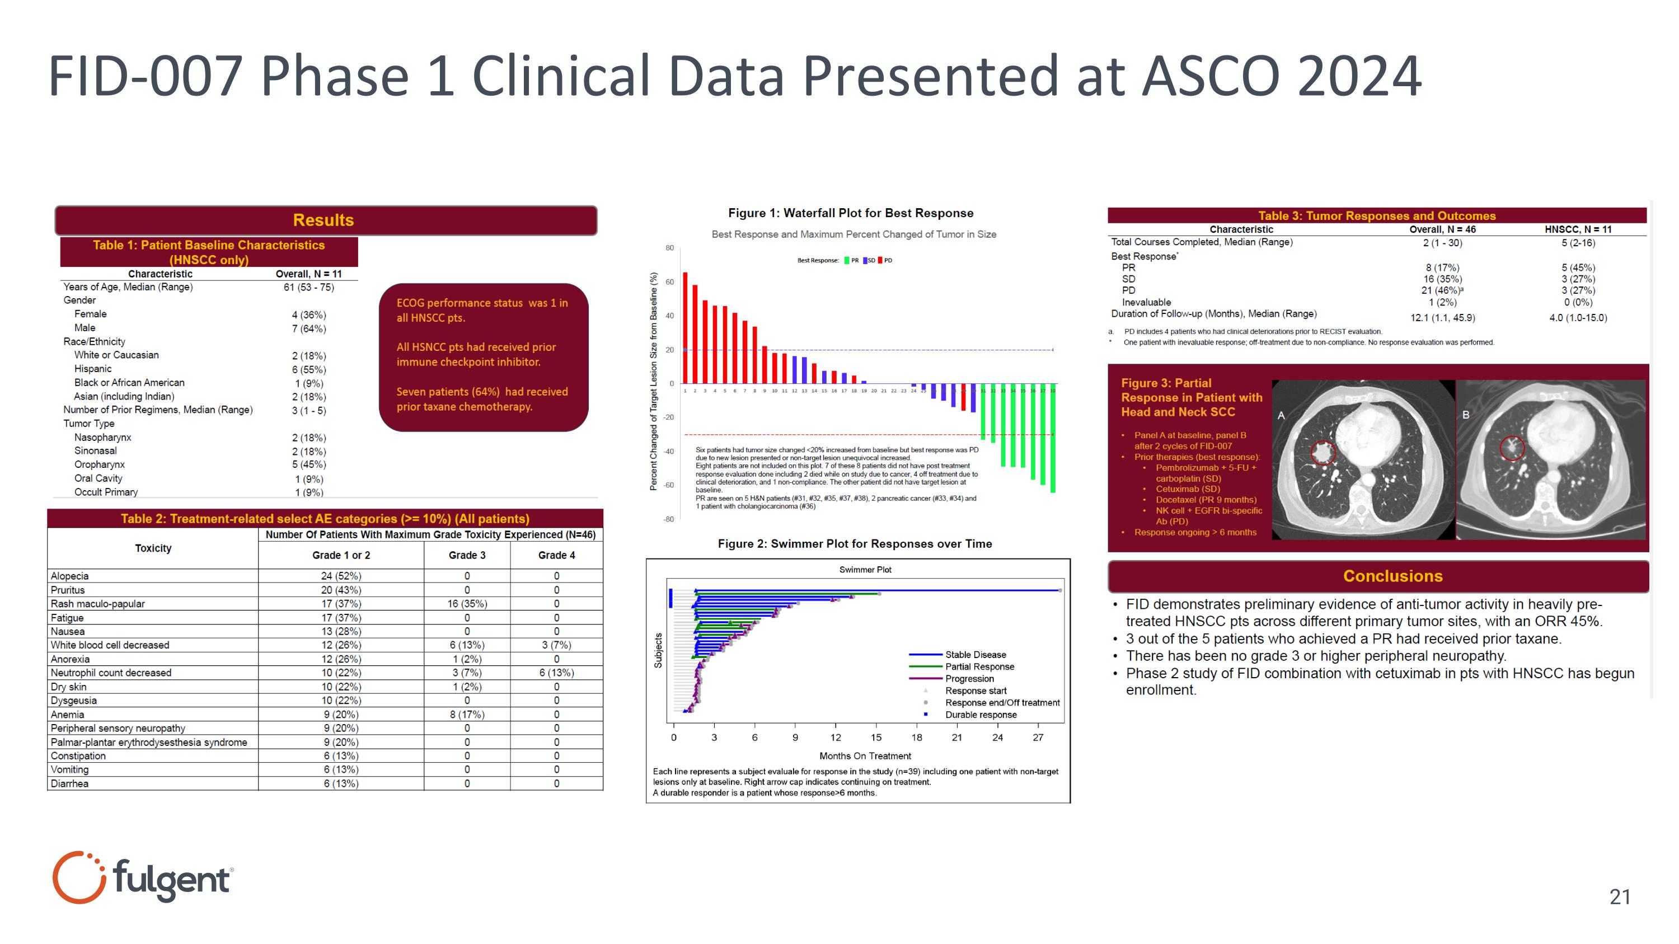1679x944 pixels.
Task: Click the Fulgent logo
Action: coord(142,877)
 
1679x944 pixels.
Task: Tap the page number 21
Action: coord(1619,897)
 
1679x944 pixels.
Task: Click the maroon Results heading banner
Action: coord(325,220)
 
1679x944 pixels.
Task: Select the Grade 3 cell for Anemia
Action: coord(467,715)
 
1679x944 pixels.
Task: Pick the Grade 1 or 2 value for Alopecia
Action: coord(341,576)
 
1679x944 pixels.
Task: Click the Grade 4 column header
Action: coord(556,555)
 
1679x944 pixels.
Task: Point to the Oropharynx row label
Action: coord(99,464)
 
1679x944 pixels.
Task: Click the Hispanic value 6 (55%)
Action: coord(309,369)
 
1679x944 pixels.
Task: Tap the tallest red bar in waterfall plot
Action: coord(685,328)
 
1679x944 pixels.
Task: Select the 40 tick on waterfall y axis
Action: coord(669,316)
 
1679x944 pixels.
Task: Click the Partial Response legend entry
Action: coord(979,666)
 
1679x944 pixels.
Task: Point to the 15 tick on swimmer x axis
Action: coord(876,738)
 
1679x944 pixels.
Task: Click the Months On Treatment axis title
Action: coord(865,756)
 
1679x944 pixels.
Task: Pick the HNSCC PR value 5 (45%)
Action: coord(1577,268)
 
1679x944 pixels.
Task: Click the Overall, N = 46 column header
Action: coord(1442,229)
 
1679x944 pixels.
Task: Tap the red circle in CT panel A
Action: coord(1322,452)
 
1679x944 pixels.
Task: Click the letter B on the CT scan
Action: coord(1466,415)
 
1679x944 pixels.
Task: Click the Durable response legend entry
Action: coord(981,715)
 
